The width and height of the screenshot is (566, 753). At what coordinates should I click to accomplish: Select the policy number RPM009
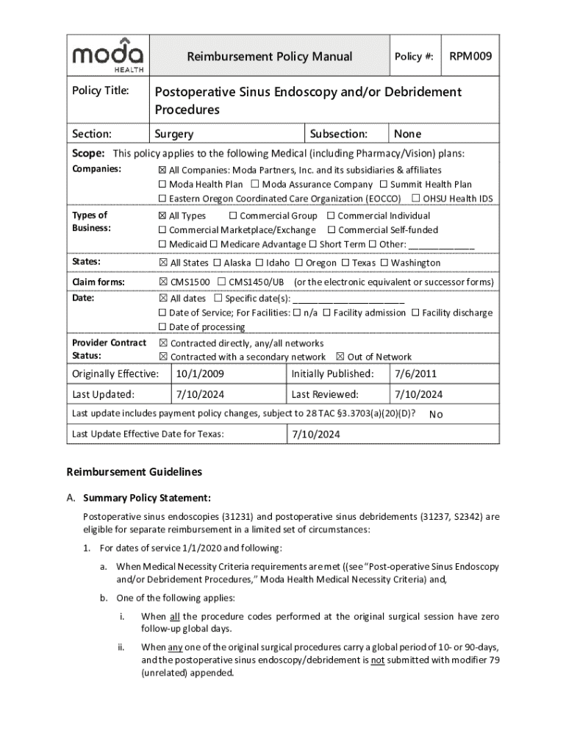[x=471, y=56]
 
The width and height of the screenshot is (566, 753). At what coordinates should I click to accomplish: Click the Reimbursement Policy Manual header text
[x=269, y=57]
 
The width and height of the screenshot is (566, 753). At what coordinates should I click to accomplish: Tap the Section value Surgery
[x=174, y=134]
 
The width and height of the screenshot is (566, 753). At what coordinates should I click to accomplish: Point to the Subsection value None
[x=407, y=134]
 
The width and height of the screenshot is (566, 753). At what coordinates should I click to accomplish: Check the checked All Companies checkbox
[x=162, y=170]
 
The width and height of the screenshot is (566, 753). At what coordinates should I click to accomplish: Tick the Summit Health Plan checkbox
[x=384, y=185]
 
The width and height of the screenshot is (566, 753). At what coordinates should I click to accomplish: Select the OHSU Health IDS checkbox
[x=416, y=199]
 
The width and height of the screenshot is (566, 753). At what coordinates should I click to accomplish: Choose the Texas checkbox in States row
[x=345, y=263]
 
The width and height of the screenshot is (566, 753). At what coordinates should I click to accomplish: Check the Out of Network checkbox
[x=340, y=357]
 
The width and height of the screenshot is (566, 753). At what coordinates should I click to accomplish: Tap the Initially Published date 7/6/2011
[x=415, y=374]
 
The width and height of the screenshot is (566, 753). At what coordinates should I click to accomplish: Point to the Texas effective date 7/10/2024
[x=316, y=435]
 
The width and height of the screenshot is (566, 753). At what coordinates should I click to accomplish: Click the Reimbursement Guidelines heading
[x=134, y=471]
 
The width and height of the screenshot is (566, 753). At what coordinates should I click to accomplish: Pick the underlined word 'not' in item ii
[x=377, y=660]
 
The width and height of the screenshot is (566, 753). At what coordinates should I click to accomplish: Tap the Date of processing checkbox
[x=162, y=326]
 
